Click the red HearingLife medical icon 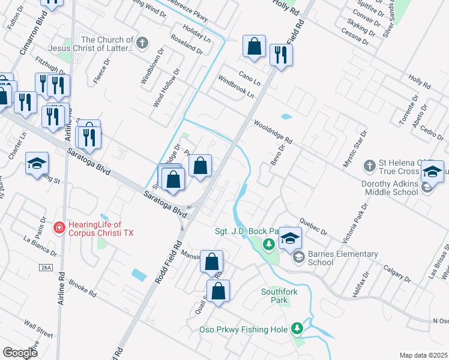click(x=59, y=227)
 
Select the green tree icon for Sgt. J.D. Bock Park click(x=269, y=244)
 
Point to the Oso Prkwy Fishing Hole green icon click(x=297, y=328)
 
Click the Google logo click(x=20, y=353)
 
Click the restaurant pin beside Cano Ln click(x=280, y=55)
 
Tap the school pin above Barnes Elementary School click(x=290, y=238)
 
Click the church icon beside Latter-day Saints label click(x=142, y=43)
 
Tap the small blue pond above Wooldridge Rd click(x=286, y=116)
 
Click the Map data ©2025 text click(x=423, y=355)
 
